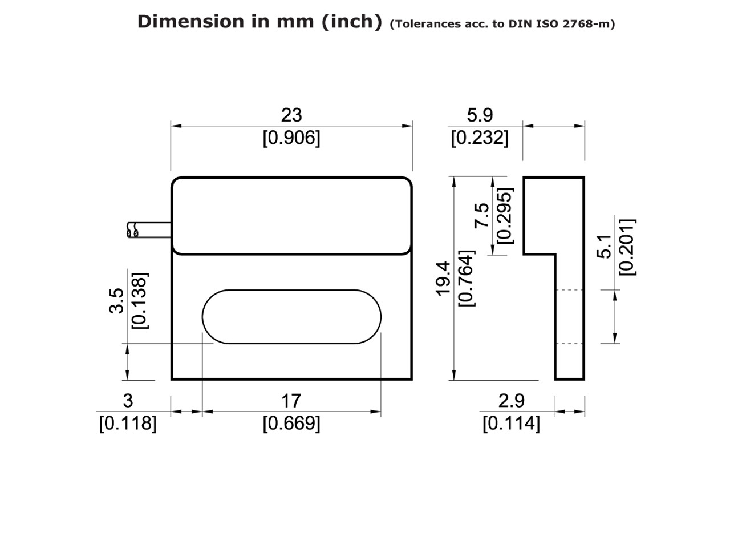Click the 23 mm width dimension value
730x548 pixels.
point(291,115)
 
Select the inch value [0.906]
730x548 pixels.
point(291,138)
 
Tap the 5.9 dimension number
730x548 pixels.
point(479,115)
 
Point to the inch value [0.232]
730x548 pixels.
point(479,138)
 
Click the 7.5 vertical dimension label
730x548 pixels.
point(482,216)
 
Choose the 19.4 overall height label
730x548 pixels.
point(444,278)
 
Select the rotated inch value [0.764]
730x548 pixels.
point(466,278)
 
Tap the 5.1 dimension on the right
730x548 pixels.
point(605,246)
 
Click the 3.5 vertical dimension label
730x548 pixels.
point(117,300)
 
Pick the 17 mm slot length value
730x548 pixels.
point(291,401)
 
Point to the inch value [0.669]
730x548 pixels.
point(291,424)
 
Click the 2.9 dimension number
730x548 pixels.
point(511,401)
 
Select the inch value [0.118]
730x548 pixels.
point(128,424)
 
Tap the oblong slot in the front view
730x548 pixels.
point(291,317)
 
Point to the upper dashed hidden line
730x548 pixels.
point(569,290)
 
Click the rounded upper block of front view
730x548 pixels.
point(291,215)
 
